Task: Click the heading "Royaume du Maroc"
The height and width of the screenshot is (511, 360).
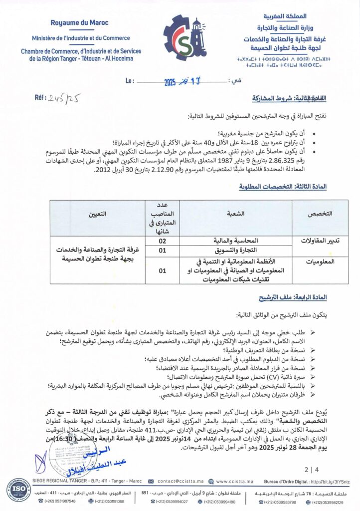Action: pos(80,23)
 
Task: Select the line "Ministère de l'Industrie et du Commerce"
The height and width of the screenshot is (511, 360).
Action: pos(80,38)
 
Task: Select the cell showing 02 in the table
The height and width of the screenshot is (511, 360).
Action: pos(162,241)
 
